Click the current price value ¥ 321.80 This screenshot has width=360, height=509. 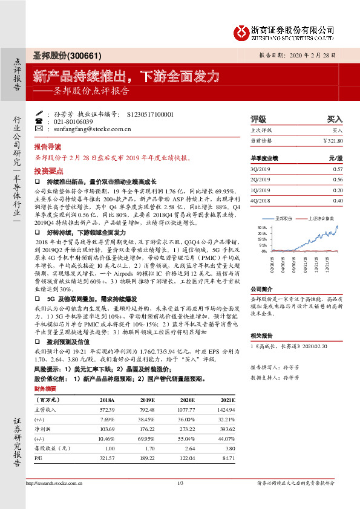coord(332,140)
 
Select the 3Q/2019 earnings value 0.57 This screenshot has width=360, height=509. coord(338,169)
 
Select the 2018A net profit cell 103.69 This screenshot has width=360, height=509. coord(106,429)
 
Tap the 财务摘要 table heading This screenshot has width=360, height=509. coord(45,389)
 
